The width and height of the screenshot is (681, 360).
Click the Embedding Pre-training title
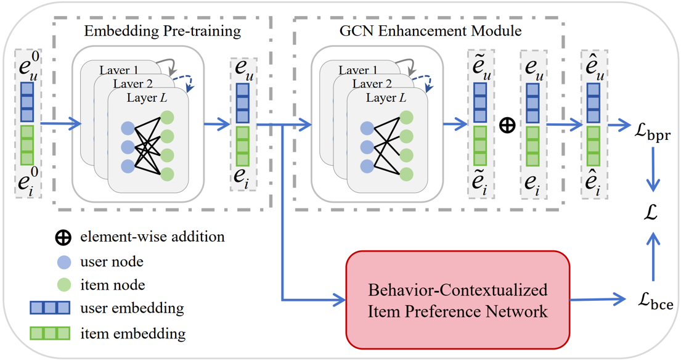[162, 30]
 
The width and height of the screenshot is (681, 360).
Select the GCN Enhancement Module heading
[430, 30]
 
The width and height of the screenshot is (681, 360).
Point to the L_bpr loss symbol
[653, 133]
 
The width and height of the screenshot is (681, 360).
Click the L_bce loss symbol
[654, 302]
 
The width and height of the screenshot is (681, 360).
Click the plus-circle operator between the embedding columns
[507, 126]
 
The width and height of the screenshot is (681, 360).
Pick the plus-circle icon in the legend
[63, 237]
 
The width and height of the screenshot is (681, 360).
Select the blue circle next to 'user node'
[64, 262]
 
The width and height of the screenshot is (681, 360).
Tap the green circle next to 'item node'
[64, 285]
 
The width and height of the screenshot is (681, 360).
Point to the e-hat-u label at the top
[593, 68]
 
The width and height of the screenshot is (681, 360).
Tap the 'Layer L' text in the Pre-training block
[147, 98]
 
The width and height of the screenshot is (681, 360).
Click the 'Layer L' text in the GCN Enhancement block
[386, 98]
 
